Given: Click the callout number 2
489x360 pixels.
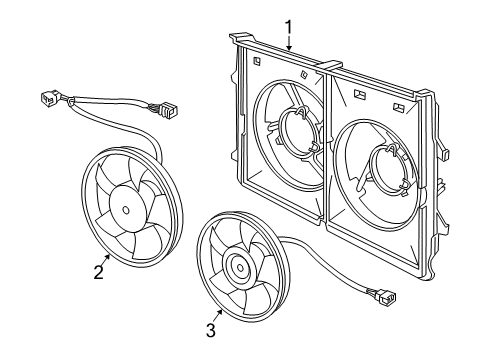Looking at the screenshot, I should click(x=99, y=272).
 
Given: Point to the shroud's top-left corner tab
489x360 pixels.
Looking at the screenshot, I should click(x=237, y=39).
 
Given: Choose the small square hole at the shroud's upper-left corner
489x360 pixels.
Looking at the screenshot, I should click(x=258, y=58).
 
